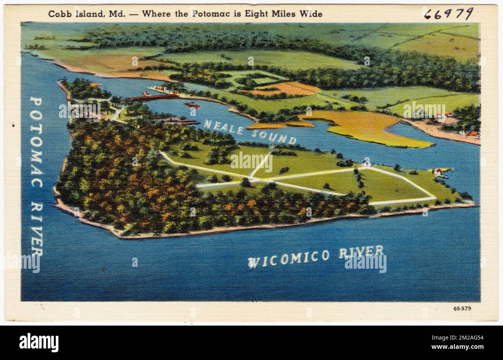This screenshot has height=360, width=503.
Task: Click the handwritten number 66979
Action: (x=448, y=14)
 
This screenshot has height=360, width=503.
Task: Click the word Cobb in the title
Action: (x=57, y=14)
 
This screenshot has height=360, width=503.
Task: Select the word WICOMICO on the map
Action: (x=289, y=258)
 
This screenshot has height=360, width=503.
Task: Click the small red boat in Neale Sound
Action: (x=192, y=105)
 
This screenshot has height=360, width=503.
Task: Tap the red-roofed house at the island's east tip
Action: (x=438, y=172)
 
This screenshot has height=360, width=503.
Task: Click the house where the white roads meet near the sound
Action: (x=365, y=163)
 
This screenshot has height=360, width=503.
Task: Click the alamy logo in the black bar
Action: (x=39, y=342)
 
